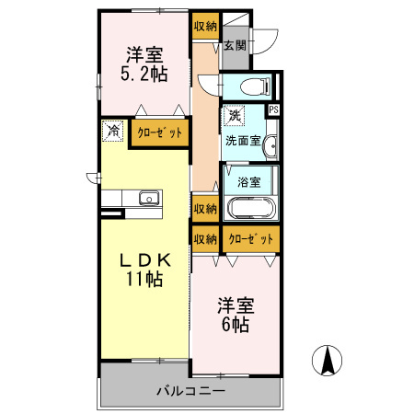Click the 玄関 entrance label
(x=235, y=45)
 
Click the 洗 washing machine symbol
(x=235, y=117)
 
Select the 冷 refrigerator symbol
(x=112, y=131)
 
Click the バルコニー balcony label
(x=190, y=391)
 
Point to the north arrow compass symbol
(x=326, y=358)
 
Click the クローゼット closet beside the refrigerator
(x=159, y=132)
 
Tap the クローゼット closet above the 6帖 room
(x=251, y=239)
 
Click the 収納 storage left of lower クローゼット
(x=205, y=239)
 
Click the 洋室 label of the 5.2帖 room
(x=145, y=52)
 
